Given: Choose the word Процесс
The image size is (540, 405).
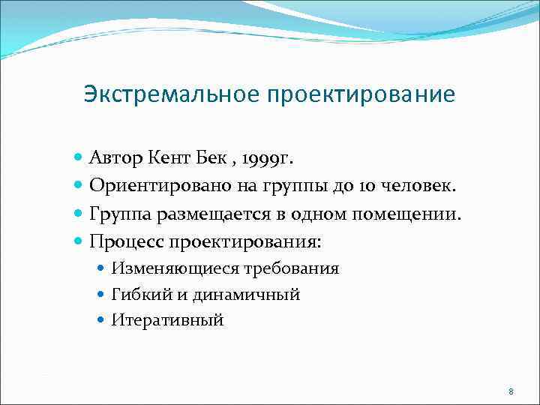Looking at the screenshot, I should click(x=126, y=242).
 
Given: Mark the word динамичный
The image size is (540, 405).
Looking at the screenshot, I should click(x=247, y=295).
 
